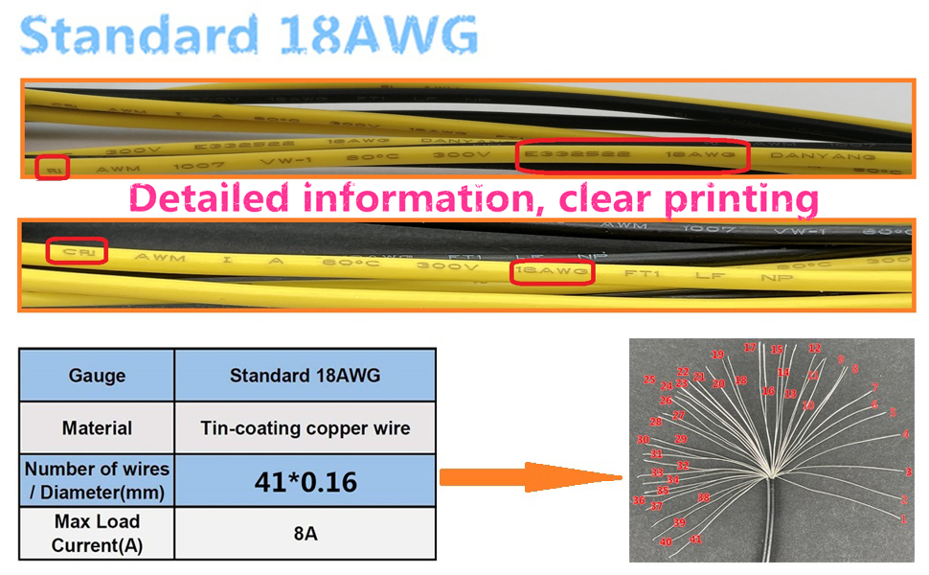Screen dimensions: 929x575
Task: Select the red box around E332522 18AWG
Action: (631, 155)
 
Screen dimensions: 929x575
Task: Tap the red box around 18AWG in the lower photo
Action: (553, 272)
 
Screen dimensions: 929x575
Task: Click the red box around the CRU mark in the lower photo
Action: (78, 252)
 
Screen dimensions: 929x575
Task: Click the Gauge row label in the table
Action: (97, 375)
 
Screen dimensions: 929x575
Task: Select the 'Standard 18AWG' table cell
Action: (305, 375)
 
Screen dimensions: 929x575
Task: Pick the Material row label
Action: (97, 427)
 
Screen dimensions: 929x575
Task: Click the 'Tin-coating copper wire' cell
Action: (305, 427)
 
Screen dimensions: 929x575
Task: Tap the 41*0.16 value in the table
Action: (305, 481)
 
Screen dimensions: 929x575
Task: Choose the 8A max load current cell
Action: (305, 534)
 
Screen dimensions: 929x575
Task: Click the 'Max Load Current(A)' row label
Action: (97, 534)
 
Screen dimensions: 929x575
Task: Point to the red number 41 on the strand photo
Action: (695, 540)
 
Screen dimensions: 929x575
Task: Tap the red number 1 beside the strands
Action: (903, 518)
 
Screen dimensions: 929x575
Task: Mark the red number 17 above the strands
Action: (750, 347)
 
